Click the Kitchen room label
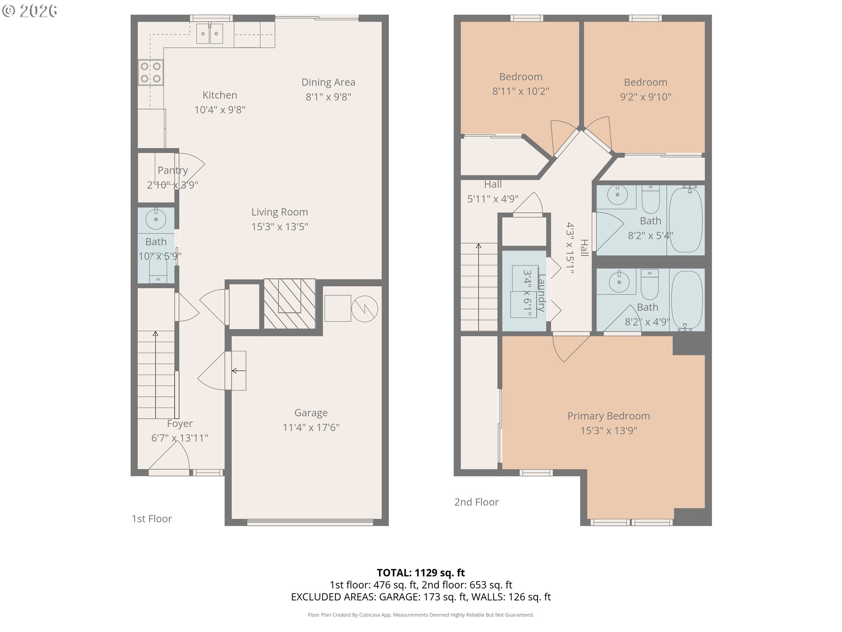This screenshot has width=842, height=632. (x=220, y=95)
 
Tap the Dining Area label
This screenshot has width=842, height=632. (x=328, y=83)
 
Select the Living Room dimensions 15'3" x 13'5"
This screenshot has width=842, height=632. (x=279, y=226)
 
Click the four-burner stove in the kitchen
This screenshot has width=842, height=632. (x=151, y=72)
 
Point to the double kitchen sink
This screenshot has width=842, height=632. (x=210, y=34)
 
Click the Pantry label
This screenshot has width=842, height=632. (x=173, y=170)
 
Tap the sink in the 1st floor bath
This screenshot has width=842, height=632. (x=156, y=218)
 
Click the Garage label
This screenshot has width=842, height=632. (x=311, y=413)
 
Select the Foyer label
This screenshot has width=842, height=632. (x=180, y=424)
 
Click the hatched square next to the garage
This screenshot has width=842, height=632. (x=289, y=304)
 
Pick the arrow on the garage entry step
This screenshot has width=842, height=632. (x=239, y=371)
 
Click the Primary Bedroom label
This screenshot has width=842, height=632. (x=609, y=416)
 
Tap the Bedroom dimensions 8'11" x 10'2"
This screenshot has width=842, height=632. (x=521, y=91)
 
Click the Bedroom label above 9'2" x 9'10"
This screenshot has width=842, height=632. (x=646, y=83)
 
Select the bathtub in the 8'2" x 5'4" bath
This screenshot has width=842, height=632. (x=686, y=219)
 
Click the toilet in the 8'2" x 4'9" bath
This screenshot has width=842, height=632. (x=650, y=284)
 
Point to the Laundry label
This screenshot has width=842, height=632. (x=542, y=293)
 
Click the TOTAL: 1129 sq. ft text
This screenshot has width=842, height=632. (x=421, y=573)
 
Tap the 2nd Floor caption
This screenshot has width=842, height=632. (x=476, y=502)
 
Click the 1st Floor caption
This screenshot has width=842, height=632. (x=152, y=519)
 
